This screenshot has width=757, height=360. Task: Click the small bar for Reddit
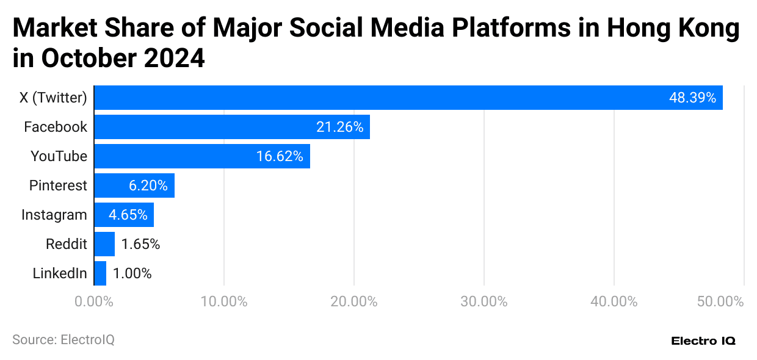[x=104, y=244]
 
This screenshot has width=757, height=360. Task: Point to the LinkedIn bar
[x=100, y=273]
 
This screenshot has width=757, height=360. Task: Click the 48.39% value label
[x=692, y=98]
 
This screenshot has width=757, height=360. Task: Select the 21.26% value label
[x=339, y=127]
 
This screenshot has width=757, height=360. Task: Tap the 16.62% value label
[x=280, y=156]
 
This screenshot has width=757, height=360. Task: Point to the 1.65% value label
[x=140, y=244]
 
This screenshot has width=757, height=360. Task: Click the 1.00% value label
[x=132, y=273]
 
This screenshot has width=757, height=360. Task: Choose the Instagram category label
[x=54, y=215]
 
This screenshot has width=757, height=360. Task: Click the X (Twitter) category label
[x=54, y=98]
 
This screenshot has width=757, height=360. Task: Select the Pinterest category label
[x=58, y=185]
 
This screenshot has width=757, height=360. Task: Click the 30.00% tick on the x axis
[x=484, y=301]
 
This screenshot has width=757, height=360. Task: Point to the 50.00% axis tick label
[x=721, y=301]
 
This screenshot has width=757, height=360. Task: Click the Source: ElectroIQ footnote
[x=63, y=340]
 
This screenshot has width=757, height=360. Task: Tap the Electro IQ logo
[x=703, y=340]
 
